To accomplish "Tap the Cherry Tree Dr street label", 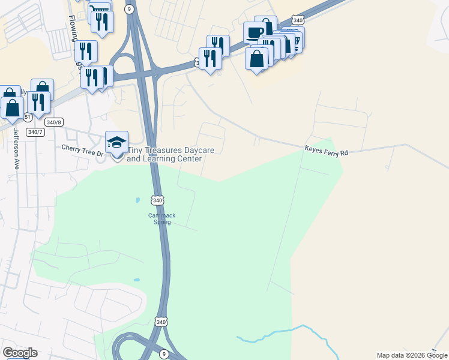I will pos(83,150).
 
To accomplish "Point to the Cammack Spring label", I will pos(160,218).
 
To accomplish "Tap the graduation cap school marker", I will pos(117,143).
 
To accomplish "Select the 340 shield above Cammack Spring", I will pos(157,200).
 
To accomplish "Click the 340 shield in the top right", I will pos(298,20).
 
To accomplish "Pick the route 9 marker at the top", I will pos(129,9).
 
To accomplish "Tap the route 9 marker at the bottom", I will pos(163,354).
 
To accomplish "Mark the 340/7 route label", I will pos(35,132).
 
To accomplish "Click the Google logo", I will pos(20,353).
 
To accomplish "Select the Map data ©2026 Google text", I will pos(411,355).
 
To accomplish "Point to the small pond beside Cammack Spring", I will pos(137,200).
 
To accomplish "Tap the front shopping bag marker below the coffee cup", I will pos(256,59).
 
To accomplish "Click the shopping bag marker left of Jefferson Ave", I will pos(12,108).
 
